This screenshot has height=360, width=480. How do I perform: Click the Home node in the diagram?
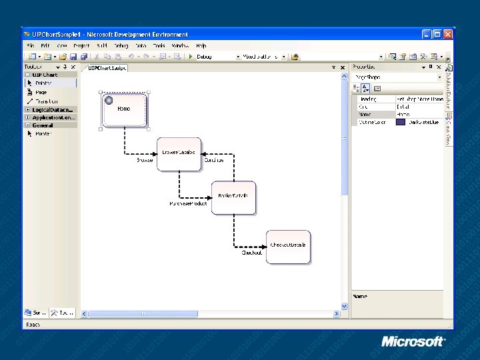[124, 110]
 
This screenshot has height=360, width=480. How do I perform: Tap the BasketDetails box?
[233, 198]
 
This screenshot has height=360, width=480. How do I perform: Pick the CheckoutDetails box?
[288, 247]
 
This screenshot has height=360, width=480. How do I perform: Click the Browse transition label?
[145, 161]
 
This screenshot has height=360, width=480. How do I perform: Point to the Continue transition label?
[214, 161]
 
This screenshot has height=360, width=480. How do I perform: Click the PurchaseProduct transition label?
[189, 203]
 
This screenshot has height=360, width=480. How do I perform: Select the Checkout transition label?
[251, 253]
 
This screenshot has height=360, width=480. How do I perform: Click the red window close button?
[448, 34]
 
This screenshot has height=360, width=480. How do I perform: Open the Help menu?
[201, 45]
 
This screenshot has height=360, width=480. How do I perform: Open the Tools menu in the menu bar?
[159, 45]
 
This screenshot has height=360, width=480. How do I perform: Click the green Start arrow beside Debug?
[191, 57]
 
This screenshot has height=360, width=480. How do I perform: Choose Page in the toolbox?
[41, 92]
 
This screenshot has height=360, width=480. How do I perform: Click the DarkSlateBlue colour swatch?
[401, 122]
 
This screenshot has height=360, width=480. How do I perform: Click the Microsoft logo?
[413, 341]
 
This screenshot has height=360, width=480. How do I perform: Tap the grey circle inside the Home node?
[109, 100]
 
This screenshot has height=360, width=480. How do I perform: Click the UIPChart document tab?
[107, 67]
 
